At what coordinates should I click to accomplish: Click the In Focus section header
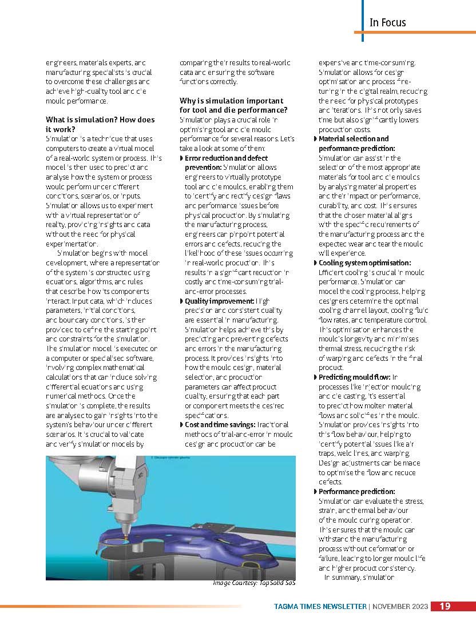(387, 22)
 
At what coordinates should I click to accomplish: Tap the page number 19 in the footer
(445, 606)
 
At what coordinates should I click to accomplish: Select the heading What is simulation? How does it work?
(100, 124)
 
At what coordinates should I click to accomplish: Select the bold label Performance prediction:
(356, 491)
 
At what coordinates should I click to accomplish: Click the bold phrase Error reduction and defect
(226, 158)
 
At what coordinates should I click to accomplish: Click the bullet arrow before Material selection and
(316, 139)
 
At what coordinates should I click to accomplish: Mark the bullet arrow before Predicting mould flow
(316, 377)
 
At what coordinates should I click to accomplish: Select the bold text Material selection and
(353, 139)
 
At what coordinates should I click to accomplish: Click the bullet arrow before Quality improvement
(182, 301)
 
